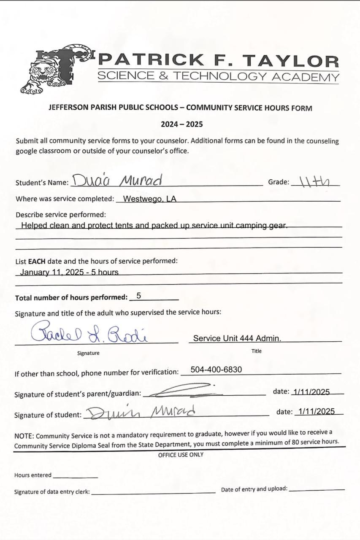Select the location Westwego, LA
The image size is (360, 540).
(x=149, y=199)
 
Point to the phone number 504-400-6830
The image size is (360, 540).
(x=216, y=370)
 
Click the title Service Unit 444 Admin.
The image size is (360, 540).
(x=237, y=338)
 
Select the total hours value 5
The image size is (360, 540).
(x=139, y=296)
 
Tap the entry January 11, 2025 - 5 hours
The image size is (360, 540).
(x=69, y=272)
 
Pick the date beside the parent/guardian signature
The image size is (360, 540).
(x=311, y=391)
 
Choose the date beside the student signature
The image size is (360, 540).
(x=316, y=412)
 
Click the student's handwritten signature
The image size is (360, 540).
(x=142, y=412)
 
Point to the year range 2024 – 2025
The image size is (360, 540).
(x=181, y=124)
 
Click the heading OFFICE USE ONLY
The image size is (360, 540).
(x=181, y=455)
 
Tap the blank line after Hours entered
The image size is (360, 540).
(x=75, y=476)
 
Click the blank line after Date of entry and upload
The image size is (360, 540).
(x=317, y=489)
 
